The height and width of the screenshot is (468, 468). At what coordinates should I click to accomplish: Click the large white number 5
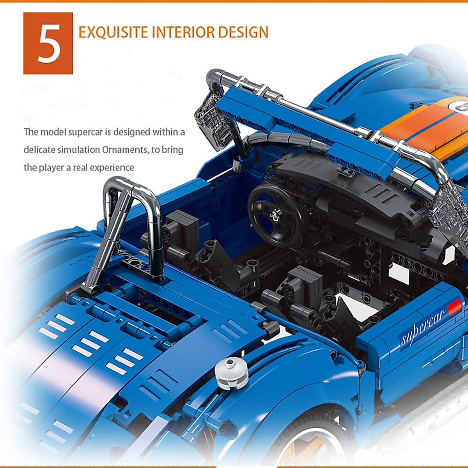point(48,43)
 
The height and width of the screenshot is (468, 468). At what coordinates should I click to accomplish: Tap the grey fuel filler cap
point(232,373)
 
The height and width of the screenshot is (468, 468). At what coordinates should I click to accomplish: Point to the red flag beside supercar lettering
point(455,307)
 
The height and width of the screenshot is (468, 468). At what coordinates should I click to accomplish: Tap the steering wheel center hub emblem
point(276,214)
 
